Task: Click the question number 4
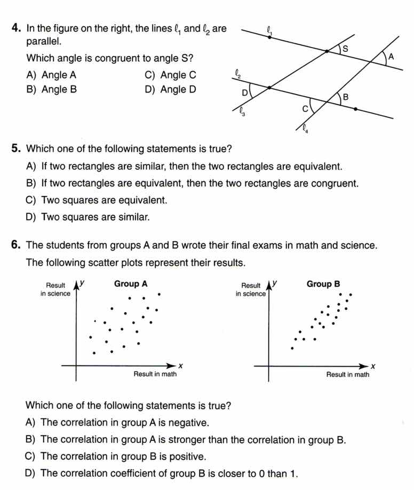[16, 29]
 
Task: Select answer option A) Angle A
[51, 75]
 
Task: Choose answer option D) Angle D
[170, 90]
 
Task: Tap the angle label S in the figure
[345, 49]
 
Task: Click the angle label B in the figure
[345, 97]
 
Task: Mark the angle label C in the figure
[305, 108]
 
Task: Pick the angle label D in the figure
[245, 93]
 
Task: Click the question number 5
[16, 148]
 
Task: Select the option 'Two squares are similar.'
[88, 217]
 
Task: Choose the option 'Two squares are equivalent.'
[97, 200]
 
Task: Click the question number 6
[16, 245]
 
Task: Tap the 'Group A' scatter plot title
[131, 284]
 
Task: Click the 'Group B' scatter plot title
[323, 284]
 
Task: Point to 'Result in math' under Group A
[155, 374]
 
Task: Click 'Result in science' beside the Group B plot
[251, 290]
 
